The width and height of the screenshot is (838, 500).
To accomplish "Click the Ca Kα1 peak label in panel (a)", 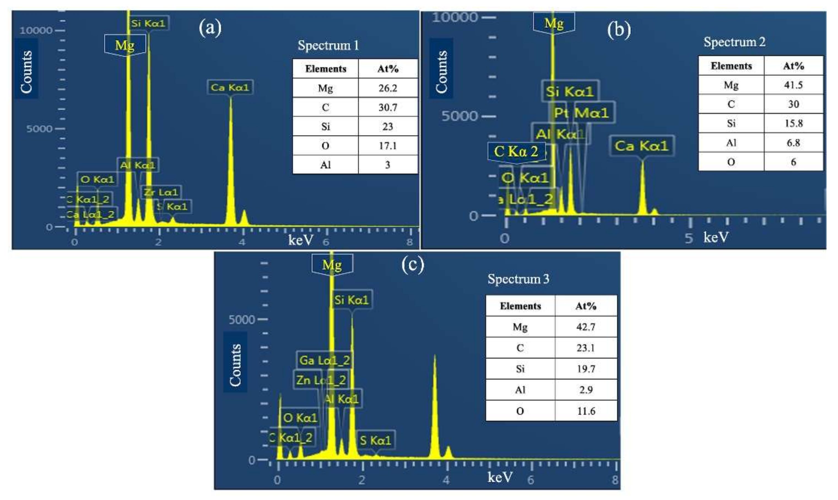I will pyautogui.click(x=230, y=87).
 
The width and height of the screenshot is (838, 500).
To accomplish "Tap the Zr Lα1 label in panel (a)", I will pyautogui.click(x=161, y=192).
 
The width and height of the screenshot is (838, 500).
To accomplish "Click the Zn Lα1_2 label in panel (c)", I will pyautogui.click(x=321, y=380).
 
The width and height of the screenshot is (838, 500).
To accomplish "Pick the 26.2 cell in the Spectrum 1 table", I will pyautogui.click(x=388, y=88).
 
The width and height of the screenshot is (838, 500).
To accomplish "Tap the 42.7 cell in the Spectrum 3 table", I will pyautogui.click(x=586, y=327).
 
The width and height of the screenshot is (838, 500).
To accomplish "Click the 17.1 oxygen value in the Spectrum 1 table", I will pyautogui.click(x=388, y=145).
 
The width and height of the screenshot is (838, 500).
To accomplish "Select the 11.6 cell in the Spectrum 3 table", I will pyautogui.click(x=586, y=411).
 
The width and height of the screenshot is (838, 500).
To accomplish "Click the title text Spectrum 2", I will pyautogui.click(x=734, y=42).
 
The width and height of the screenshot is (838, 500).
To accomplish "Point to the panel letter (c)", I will pyautogui.click(x=413, y=265).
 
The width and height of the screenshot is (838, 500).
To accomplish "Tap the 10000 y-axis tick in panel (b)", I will pyautogui.click(x=455, y=17).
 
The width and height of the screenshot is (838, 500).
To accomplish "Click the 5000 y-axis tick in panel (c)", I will pyautogui.click(x=242, y=319).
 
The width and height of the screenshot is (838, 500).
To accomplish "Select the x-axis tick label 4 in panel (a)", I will pyautogui.click(x=242, y=242).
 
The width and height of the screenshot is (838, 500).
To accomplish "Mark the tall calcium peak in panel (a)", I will pyautogui.click(x=231, y=162).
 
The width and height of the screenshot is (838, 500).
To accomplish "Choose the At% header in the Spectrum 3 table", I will pyautogui.click(x=586, y=306).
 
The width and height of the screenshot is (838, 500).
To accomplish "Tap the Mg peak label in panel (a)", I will pyautogui.click(x=125, y=45).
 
